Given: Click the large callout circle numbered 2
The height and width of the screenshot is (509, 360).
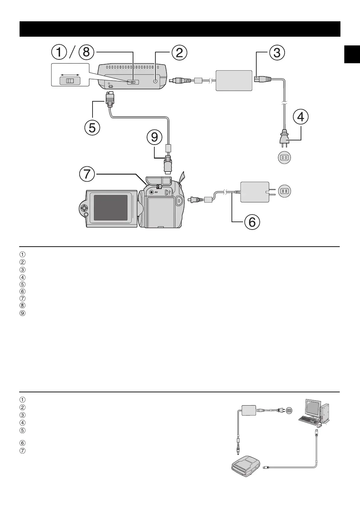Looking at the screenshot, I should (x=179, y=52).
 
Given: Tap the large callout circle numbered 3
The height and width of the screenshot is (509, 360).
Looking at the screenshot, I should (x=277, y=52).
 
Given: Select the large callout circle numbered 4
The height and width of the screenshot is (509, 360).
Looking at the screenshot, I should (x=301, y=117).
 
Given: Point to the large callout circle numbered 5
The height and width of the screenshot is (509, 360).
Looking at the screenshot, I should (x=92, y=128).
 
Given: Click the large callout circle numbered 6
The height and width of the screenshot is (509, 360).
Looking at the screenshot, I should (x=252, y=222).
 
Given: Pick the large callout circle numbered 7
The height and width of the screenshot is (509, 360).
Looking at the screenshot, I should (x=87, y=174).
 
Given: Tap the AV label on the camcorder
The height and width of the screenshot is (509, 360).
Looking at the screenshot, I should (x=156, y=192).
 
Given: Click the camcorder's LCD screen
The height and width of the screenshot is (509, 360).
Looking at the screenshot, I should (x=111, y=208).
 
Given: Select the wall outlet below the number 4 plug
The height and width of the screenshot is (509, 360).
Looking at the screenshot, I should (x=284, y=158).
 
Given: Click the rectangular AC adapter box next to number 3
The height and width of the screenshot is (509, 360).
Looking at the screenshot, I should (x=234, y=81).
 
